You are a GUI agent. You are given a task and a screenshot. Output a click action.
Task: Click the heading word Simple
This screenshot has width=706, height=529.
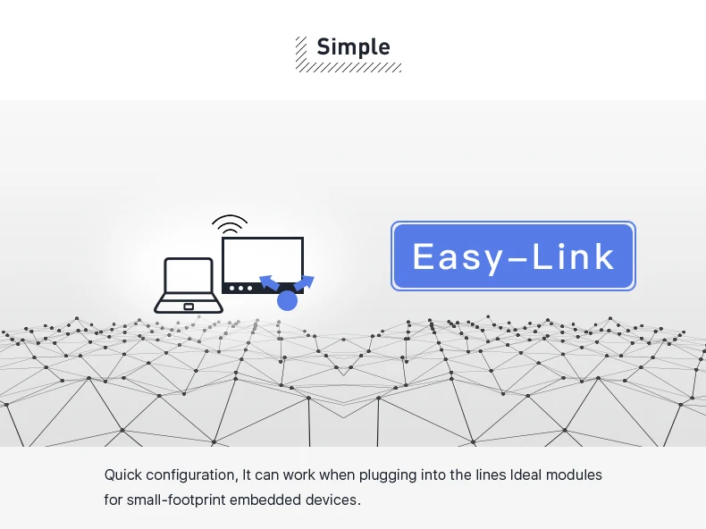pos(354,47)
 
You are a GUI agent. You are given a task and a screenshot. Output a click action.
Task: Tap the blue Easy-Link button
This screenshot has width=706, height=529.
pos(513,256)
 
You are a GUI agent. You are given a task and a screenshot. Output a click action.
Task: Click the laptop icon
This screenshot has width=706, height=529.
pos(189,285)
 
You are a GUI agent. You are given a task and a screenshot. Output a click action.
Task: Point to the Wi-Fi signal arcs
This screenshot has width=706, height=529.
pos(230,224)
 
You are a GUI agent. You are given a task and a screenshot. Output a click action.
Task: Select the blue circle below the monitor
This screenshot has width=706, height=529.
pos(287,301)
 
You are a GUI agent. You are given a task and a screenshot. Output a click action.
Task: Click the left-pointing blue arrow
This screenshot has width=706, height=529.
pos(269,282)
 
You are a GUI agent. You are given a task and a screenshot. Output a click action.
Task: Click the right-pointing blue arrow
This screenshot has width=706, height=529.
pos(305,282)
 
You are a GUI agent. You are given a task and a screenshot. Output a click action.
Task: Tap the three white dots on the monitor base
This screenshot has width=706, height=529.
pos(241,288)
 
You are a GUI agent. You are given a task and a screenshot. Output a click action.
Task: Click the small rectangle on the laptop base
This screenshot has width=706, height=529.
pos(189,306)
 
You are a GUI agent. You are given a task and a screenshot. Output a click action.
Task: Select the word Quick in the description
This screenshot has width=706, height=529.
pos(123,475)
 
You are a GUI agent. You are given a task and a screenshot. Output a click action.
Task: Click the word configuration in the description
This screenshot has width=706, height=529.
pos(192,475)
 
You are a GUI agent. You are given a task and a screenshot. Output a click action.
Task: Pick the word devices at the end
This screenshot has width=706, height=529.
pos(333,500)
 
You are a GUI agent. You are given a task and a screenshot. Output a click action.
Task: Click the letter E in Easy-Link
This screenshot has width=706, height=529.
pos(424,256)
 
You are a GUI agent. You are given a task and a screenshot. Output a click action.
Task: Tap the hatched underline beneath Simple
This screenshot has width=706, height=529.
pos(349,67)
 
